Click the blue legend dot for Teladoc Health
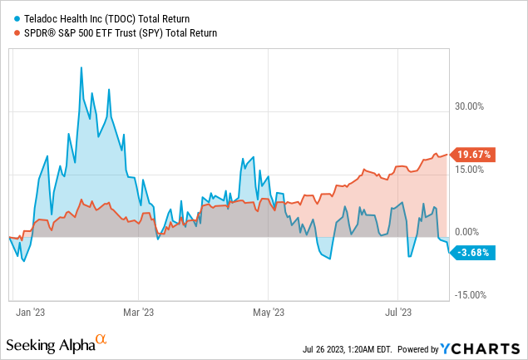tap(17, 17)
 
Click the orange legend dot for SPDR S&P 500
tap(17, 33)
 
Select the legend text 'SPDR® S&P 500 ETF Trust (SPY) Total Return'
tap(120, 33)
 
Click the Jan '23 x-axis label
tap(31, 313)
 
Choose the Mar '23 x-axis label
tap(138, 313)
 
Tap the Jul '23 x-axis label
tap(397, 313)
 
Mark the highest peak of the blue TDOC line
tap(81, 67)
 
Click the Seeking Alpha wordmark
tap(49, 344)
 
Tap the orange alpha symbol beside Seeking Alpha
tap(101, 340)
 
